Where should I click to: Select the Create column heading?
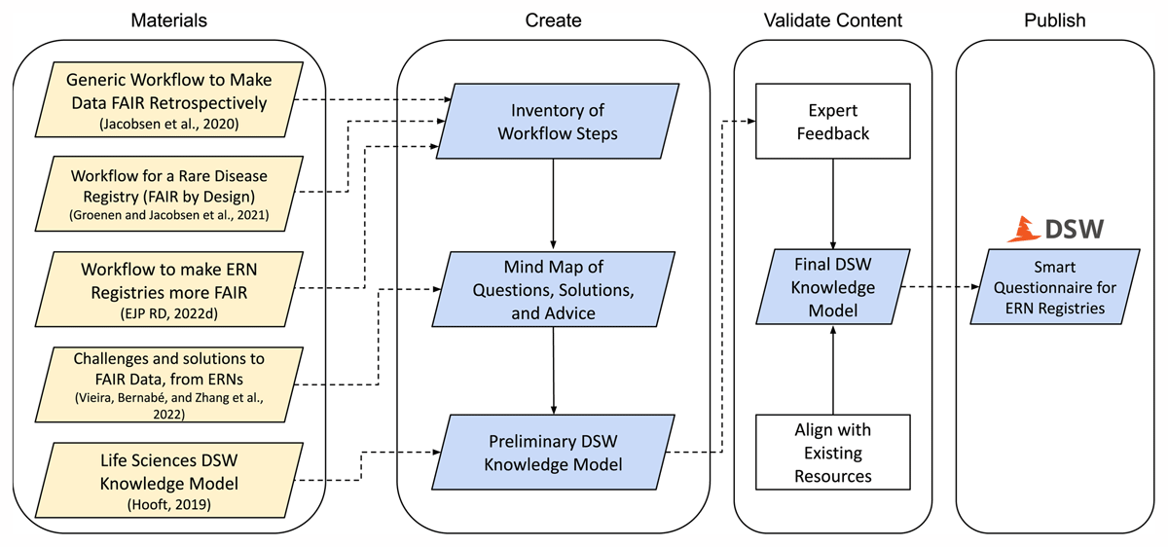click(553, 19)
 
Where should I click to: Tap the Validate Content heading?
click(832, 19)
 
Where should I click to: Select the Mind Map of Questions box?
click(553, 288)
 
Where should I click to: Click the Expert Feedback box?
click(832, 121)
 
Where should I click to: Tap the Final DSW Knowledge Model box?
click(832, 287)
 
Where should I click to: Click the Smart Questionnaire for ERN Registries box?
click(1056, 287)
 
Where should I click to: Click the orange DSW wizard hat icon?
click(1022, 230)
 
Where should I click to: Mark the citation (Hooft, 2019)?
click(169, 504)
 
